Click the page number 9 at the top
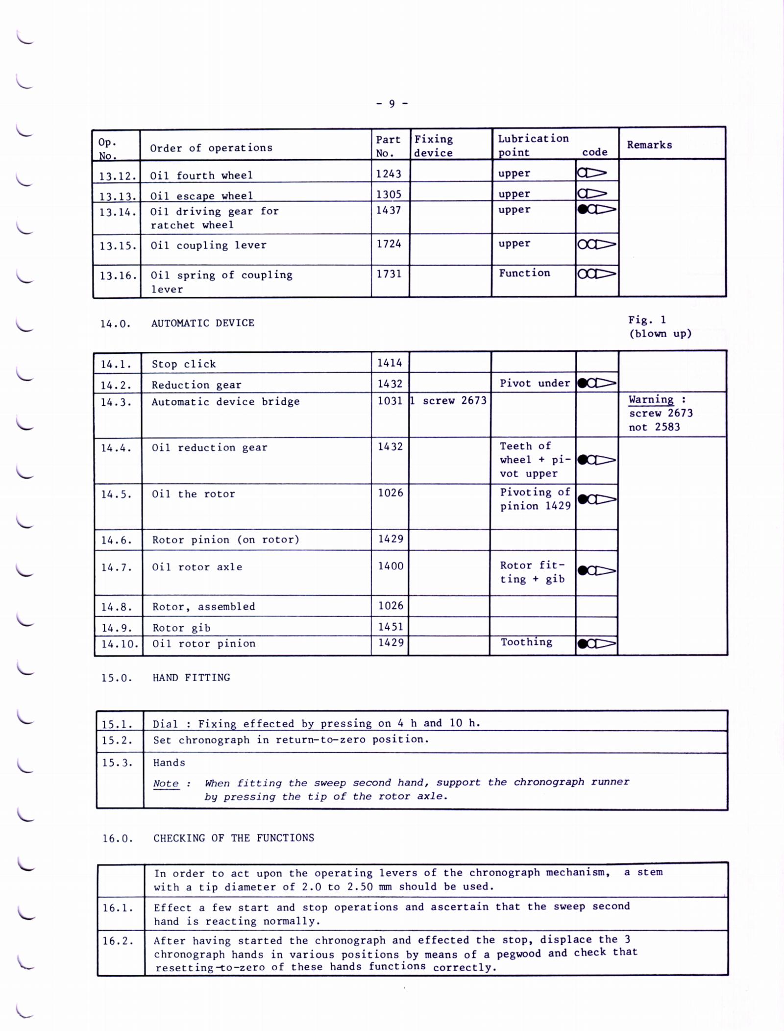(x=392, y=103)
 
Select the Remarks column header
(x=649, y=145)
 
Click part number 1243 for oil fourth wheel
(x=389, y=174)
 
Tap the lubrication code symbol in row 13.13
(x=592, y=194)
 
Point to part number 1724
(x=389, y=244)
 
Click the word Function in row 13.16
(x=524, y=273)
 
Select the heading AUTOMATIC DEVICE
(x=202, y=323)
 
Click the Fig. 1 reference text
(x=647, y=320)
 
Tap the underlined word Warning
(x=651, y=399)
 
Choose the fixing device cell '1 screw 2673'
(x=449, y=400)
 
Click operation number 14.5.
(x=116, y=494)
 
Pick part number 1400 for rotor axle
(x=391, y=566)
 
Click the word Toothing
(x=526, y=642)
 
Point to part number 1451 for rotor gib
(x=391, y=627)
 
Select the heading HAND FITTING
(x=191, y=678)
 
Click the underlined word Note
(x=166, y=784)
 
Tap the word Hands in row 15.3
(x=169, y=762)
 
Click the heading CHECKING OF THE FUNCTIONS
(x=234, y=838)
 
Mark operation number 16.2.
(x=118, y=941)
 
